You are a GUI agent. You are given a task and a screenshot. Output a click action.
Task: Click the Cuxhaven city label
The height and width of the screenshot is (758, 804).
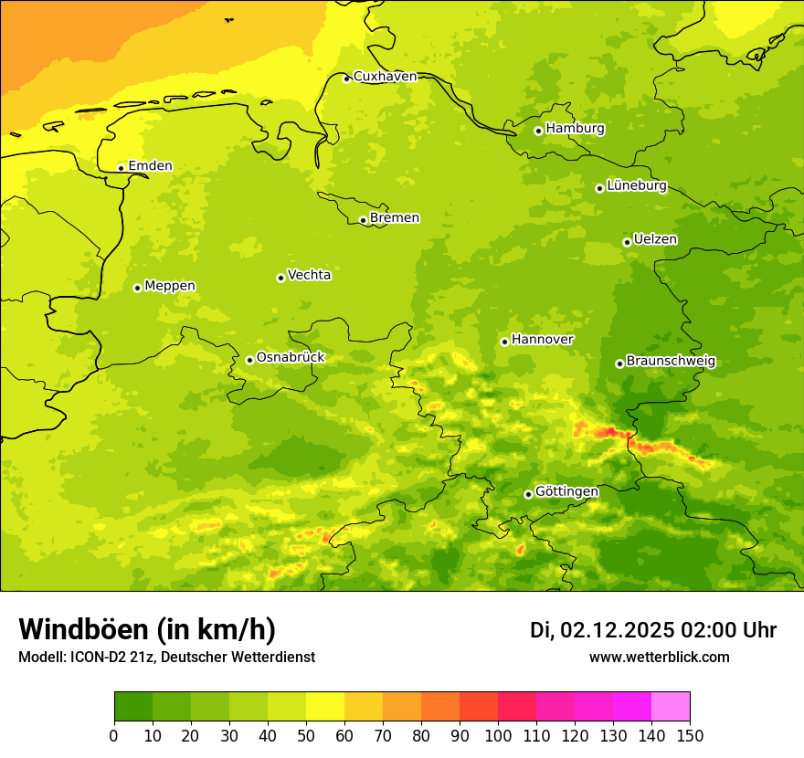tap(385, 77)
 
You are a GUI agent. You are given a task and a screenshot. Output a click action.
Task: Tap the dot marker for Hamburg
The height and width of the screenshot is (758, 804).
tap(538, 131)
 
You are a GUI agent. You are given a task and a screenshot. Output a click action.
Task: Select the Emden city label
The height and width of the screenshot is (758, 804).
tap(150, 166)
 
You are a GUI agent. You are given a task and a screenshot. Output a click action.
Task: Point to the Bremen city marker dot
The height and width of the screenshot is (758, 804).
tap(363, 220)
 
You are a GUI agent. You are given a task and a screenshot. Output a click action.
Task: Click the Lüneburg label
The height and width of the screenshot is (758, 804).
tap(637, 185)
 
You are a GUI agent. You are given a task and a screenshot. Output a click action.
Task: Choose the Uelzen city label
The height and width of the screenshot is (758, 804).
tap(655, 239)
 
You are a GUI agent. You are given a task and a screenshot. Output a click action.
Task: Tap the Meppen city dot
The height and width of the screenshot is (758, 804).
tap(137, 288)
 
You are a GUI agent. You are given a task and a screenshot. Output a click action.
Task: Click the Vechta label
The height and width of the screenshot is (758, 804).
tap(309, 275)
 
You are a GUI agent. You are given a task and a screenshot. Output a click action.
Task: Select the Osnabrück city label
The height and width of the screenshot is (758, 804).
tap(291, 357)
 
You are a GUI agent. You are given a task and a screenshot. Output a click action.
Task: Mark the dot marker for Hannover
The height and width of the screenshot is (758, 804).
tap(504, 342)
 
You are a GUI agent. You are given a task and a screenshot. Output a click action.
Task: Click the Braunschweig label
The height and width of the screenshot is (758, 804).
tap(671, 362)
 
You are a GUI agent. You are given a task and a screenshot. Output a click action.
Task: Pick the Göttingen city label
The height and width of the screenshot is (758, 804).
tap(566, 491)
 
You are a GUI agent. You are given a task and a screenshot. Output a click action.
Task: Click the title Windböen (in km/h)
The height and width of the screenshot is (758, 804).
tap(147, 629)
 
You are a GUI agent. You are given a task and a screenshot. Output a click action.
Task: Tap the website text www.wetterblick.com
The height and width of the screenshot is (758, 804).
tap(659, 658)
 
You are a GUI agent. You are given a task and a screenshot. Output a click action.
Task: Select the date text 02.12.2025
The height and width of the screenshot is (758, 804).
tap(617, 630)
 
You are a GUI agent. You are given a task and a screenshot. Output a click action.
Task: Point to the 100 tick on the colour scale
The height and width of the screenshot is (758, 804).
tap(498, 735)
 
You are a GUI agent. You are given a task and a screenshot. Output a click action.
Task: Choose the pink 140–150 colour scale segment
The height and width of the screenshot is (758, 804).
tap(671, 707)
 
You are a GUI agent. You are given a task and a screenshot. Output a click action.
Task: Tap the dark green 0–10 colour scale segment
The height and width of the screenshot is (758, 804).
tap(133, 707)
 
